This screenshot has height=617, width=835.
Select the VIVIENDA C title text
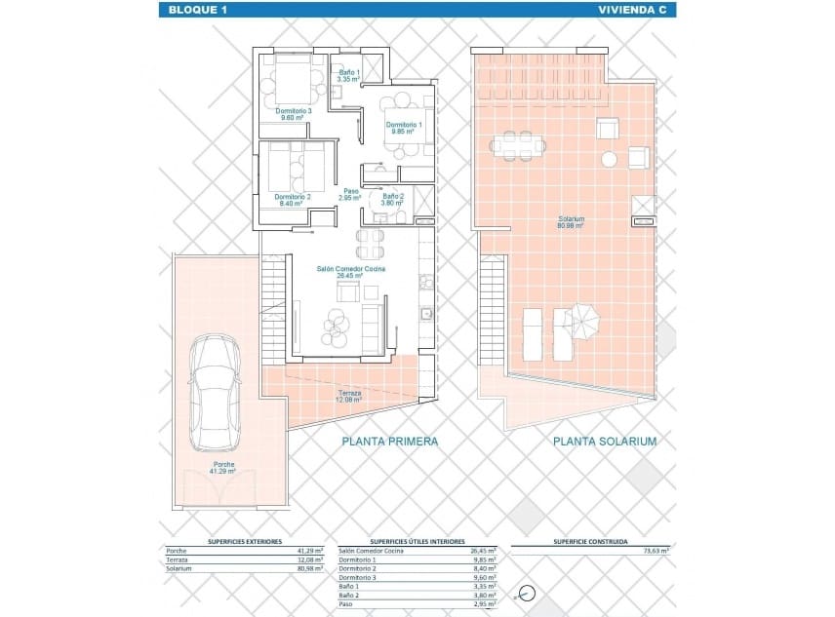[x=633, y=10]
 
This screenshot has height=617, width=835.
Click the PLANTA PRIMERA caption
[x=389, y=442]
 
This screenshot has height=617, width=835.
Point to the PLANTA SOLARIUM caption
[x=605, y=442]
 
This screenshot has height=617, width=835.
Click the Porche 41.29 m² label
[x=222, y=467]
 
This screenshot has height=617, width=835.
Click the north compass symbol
[x=528, y=592]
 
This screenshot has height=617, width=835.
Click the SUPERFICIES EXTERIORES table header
[x=245, y=541]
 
